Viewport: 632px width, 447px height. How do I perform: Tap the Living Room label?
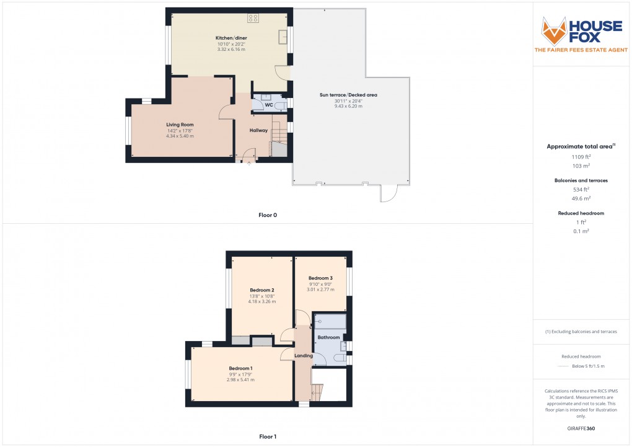click(x=180, y=125)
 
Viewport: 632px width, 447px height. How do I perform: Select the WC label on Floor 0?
click(x=269, y=105)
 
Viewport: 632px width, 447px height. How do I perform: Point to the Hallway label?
click(x=258, y=130)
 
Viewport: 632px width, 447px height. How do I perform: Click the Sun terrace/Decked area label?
click(x=348, y=95)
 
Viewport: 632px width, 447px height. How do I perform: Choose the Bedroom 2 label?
click(x=262, y=290)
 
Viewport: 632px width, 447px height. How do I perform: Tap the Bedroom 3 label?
click(x=320, y=278)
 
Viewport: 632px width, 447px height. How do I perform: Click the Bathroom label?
click(x=328, y=337)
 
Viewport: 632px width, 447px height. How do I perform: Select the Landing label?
click(x=304, y=355)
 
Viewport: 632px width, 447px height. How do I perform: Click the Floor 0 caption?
click(x=268, y=215)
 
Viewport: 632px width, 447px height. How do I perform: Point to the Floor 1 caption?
click(x=268, y=436)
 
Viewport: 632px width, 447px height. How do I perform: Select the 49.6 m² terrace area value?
click(x=580, y=199)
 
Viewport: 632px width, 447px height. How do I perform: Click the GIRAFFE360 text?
click(x=580, y=428)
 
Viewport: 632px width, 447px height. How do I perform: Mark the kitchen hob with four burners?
click(x=253, y=19)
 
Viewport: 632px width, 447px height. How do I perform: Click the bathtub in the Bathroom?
click(x=330, y=322)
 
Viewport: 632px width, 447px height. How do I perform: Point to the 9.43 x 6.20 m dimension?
click(x=348, y=107)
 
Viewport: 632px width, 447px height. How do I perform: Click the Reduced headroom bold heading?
click(x=580, y=213)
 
